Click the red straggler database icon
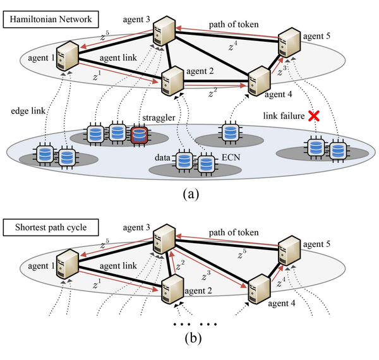coord(140,134)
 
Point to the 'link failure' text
coord(282,117)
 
